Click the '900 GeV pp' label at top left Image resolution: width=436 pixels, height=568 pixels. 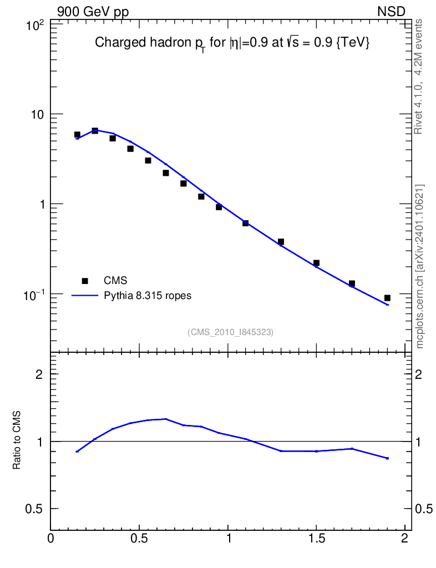93,12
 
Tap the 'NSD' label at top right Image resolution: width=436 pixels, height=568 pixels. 392,12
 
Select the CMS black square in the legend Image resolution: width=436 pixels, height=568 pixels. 85,280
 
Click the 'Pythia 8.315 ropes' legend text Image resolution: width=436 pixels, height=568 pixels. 148,296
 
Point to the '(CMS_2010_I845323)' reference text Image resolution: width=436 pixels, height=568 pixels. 231,332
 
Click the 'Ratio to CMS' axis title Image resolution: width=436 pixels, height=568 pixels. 17,441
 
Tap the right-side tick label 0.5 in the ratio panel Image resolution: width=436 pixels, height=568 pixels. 425,509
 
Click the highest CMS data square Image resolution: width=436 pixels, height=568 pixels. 95,131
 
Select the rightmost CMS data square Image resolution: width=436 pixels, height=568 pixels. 387,298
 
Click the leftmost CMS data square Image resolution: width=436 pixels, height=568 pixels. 77,135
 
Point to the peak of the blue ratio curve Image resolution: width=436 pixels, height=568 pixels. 165,419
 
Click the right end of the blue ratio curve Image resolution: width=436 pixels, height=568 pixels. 387,458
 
